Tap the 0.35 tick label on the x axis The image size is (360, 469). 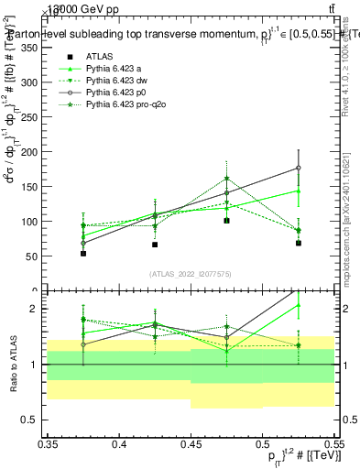point(48,444)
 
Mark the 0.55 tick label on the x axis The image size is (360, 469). point(333,444)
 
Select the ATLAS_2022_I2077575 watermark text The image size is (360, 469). point(191,273)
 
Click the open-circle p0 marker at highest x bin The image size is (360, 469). point(298,168)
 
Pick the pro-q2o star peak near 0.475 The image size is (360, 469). point(226,180)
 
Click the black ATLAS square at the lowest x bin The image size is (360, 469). point(83,253)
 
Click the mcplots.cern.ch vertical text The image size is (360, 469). point(345,238)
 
